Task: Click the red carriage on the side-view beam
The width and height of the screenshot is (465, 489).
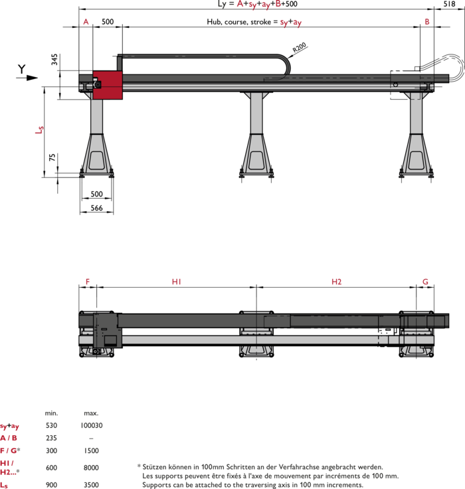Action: pos(108,85)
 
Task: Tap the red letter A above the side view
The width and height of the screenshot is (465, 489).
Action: pos(86,21)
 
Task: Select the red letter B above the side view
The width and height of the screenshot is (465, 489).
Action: pos(426,21)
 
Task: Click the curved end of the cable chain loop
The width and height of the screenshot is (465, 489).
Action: pos(285,66)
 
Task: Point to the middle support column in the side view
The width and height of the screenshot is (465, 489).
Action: pos(256,113)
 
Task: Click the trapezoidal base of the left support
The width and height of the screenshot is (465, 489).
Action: pos(97,155)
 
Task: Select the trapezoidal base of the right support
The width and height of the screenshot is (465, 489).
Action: pos(417,155)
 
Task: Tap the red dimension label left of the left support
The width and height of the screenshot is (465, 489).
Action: pos(39,130)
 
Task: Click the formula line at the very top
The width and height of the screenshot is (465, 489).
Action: pos(249,5)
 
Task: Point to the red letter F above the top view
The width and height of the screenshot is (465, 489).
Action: pos(87,282)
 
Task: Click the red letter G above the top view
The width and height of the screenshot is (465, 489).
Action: pos(425,282)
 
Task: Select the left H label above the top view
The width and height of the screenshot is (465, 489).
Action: pos(176,282)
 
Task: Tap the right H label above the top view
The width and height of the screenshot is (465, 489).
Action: pos(336,282)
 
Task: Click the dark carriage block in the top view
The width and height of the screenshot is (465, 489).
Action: pos(106,330)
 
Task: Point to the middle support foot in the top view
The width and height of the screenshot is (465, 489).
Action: pos(256,334)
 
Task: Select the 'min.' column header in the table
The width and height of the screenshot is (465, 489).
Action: pos(51,413)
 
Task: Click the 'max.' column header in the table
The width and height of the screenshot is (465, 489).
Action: pos(91,413)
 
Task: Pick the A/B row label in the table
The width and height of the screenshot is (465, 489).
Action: pos(9,438)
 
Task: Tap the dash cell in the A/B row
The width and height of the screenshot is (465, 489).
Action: pos(91,439)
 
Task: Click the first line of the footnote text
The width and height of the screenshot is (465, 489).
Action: pos(262,467)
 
